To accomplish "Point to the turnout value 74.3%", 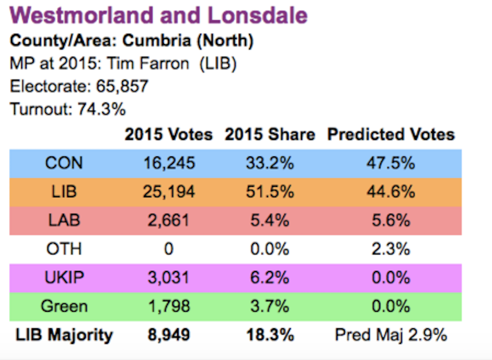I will [101, 109].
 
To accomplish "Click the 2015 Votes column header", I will [168, 135].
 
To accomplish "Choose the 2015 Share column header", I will [270, 135].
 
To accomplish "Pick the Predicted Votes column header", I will [391, 135].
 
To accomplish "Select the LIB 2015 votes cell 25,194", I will [168, 191].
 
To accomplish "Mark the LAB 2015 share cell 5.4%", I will [270, 220].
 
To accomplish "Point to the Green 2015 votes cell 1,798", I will [168, 306].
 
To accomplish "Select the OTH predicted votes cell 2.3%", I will [391, 249].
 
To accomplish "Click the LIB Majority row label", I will [64, 335].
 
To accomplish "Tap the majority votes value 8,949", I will [168, 335].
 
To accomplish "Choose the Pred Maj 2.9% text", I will [391, 335].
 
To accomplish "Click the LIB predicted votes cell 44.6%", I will [391, 191].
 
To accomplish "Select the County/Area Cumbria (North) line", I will [131, 41].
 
